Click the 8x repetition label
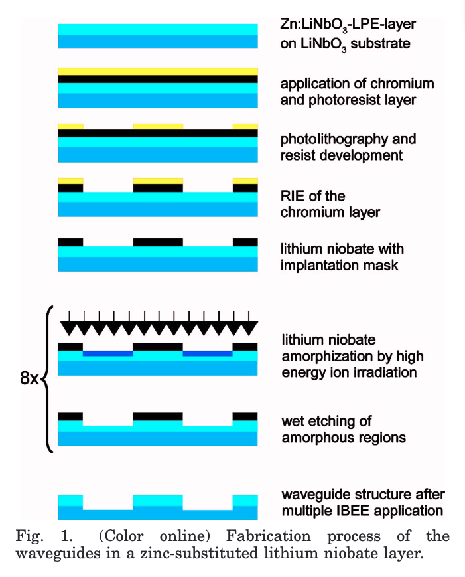click(x=29, y=378)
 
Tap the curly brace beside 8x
click(x=47, y=379)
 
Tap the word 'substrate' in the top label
click(x=380, y=43)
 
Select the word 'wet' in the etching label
click(x=292, y=422)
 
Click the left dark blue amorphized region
click(x=107, y=354)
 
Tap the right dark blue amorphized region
click(x=208, y=354)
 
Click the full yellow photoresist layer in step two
click(x=158, y=72)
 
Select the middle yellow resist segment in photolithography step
click(x=158, y=127)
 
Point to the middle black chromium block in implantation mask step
click(x=158, y=242)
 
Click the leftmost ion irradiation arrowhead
click(x=69, y=328)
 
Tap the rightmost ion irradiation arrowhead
click(x=249, y=328)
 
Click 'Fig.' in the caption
click(x=29, y=536)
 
